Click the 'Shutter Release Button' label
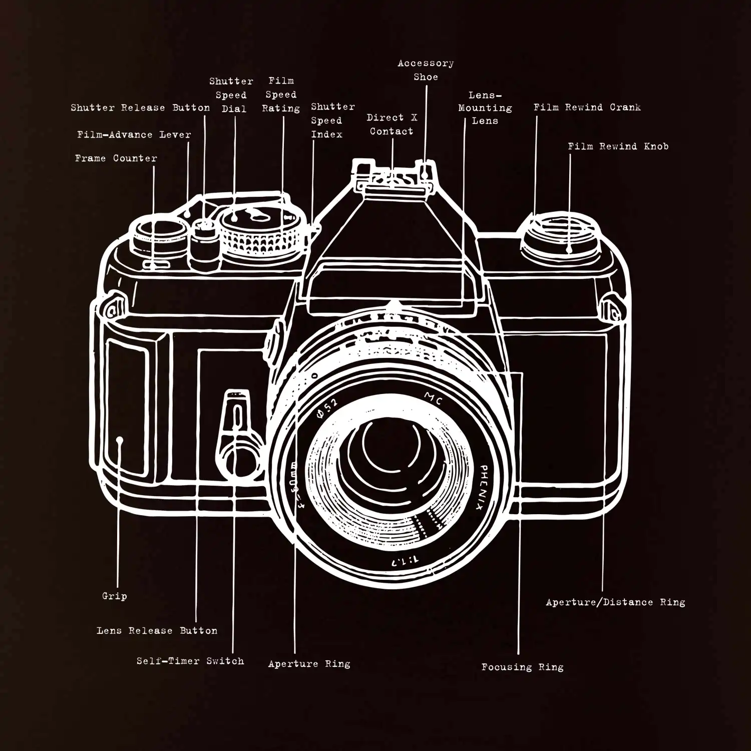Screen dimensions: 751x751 pos(140,108)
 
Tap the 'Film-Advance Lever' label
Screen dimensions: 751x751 pos(134,135)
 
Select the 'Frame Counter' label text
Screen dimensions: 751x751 pos(116,158)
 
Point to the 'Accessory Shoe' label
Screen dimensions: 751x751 pos(426,70)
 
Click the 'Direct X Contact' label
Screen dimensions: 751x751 pos(392,124)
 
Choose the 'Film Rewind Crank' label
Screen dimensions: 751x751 pos(587,107)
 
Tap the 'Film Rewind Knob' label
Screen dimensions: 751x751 pos(618,146)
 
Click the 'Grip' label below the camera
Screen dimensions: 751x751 pos(114,596)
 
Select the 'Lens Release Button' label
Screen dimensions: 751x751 pos(157,630)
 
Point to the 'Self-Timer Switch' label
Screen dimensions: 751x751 pos(190,661)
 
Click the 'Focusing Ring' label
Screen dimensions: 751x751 pos(522,667)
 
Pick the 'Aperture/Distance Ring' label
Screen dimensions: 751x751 pos(615,602)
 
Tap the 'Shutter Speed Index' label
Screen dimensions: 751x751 pos(332,121)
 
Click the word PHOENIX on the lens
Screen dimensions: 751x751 pos(481,487)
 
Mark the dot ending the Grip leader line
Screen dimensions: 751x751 pos(120,441)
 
